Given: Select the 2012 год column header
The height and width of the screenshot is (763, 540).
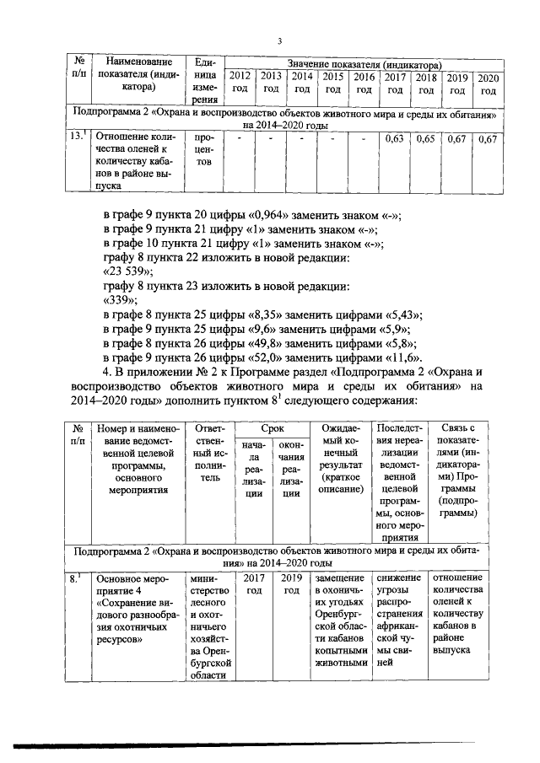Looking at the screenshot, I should coord(240,83).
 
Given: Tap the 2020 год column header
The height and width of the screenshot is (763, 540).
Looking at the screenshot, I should coord(487,83).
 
